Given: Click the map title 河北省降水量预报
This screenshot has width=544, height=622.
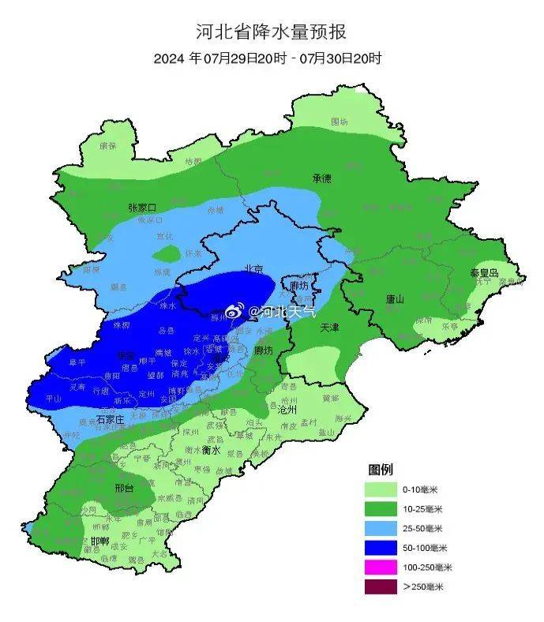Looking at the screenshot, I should (271, 32).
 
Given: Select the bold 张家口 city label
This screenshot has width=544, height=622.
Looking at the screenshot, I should (142, 208).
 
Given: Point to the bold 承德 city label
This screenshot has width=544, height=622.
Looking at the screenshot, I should (321, 178).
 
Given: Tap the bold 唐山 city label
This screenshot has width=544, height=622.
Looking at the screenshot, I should (395, 299).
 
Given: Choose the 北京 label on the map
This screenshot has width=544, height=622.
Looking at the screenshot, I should (253, 268).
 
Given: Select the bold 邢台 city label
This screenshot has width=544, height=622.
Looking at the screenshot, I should (124, 489).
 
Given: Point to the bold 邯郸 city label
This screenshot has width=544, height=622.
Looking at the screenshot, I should (100, 541).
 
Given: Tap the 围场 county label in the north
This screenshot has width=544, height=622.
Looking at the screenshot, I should (339, 122).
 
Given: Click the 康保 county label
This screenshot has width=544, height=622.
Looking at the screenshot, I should (107, 146).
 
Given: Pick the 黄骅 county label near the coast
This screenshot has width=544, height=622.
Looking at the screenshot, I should (330, 399).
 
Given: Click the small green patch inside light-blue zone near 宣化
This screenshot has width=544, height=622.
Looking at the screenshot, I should (166, 253).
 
